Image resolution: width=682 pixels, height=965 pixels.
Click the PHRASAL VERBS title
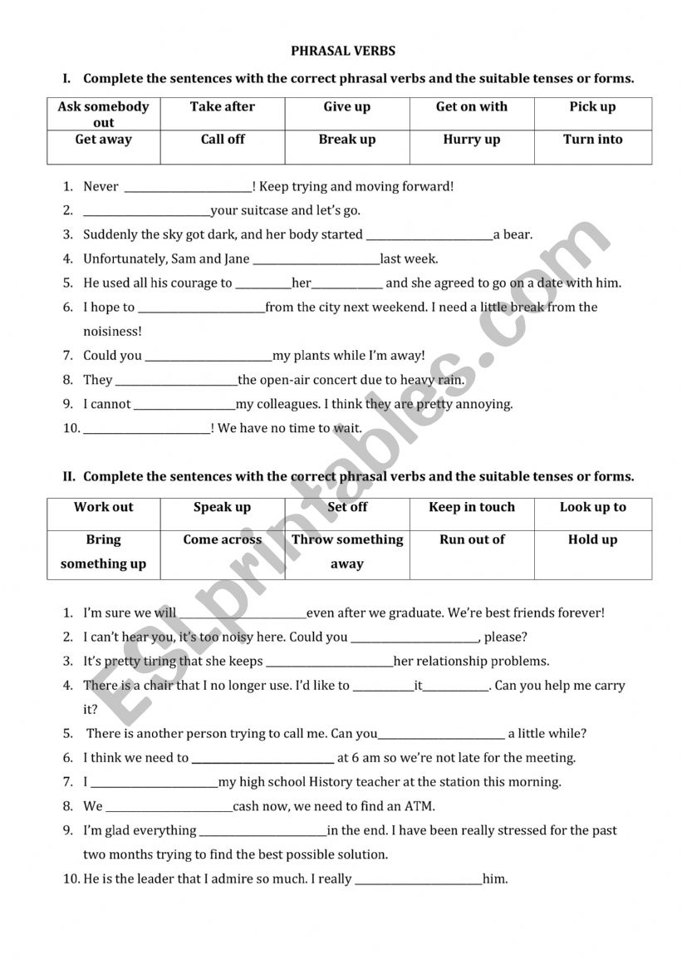(343, 51)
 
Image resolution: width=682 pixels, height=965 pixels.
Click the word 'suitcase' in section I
(265, 210)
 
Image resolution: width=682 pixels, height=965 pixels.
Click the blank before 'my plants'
(209, 357)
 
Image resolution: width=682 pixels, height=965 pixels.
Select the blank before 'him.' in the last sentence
(419, 879)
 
